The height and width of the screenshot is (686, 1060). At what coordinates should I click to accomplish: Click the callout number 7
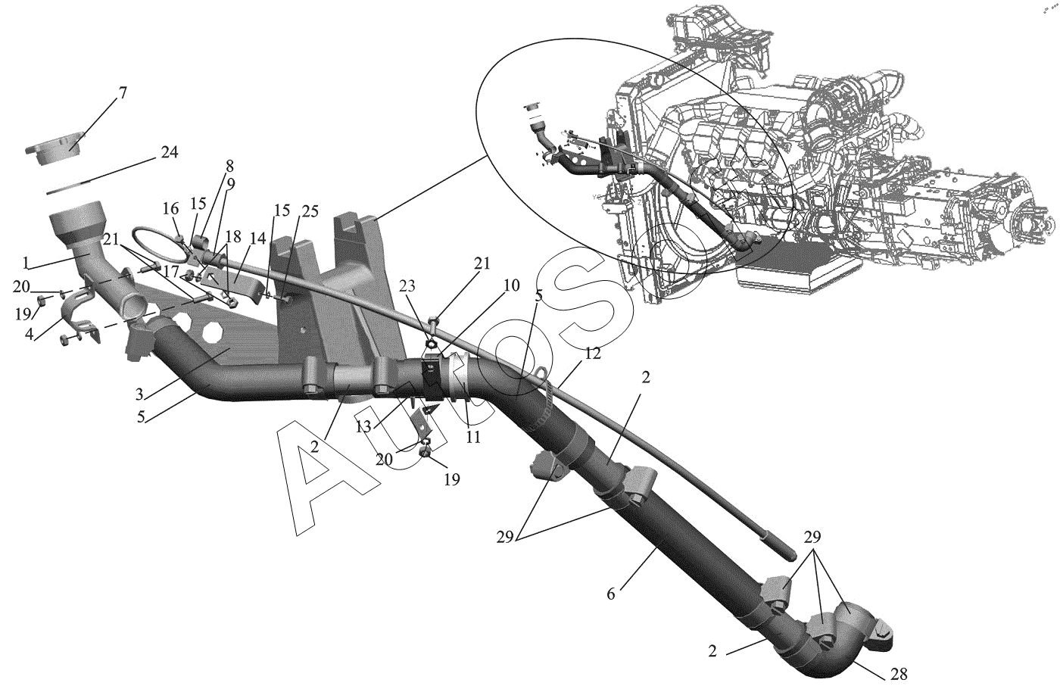pos(122,94)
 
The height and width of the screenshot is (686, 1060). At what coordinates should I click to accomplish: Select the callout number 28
pos(899,673)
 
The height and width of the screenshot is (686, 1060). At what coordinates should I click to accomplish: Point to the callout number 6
pos(610,593)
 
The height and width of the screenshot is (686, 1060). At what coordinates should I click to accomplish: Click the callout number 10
pos(512,285)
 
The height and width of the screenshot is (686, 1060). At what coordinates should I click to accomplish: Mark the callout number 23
pos(408,288)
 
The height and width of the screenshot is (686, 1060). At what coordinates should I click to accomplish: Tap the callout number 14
pos(258,238)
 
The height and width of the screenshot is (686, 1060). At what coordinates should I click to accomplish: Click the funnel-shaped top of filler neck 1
pos(76,220)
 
